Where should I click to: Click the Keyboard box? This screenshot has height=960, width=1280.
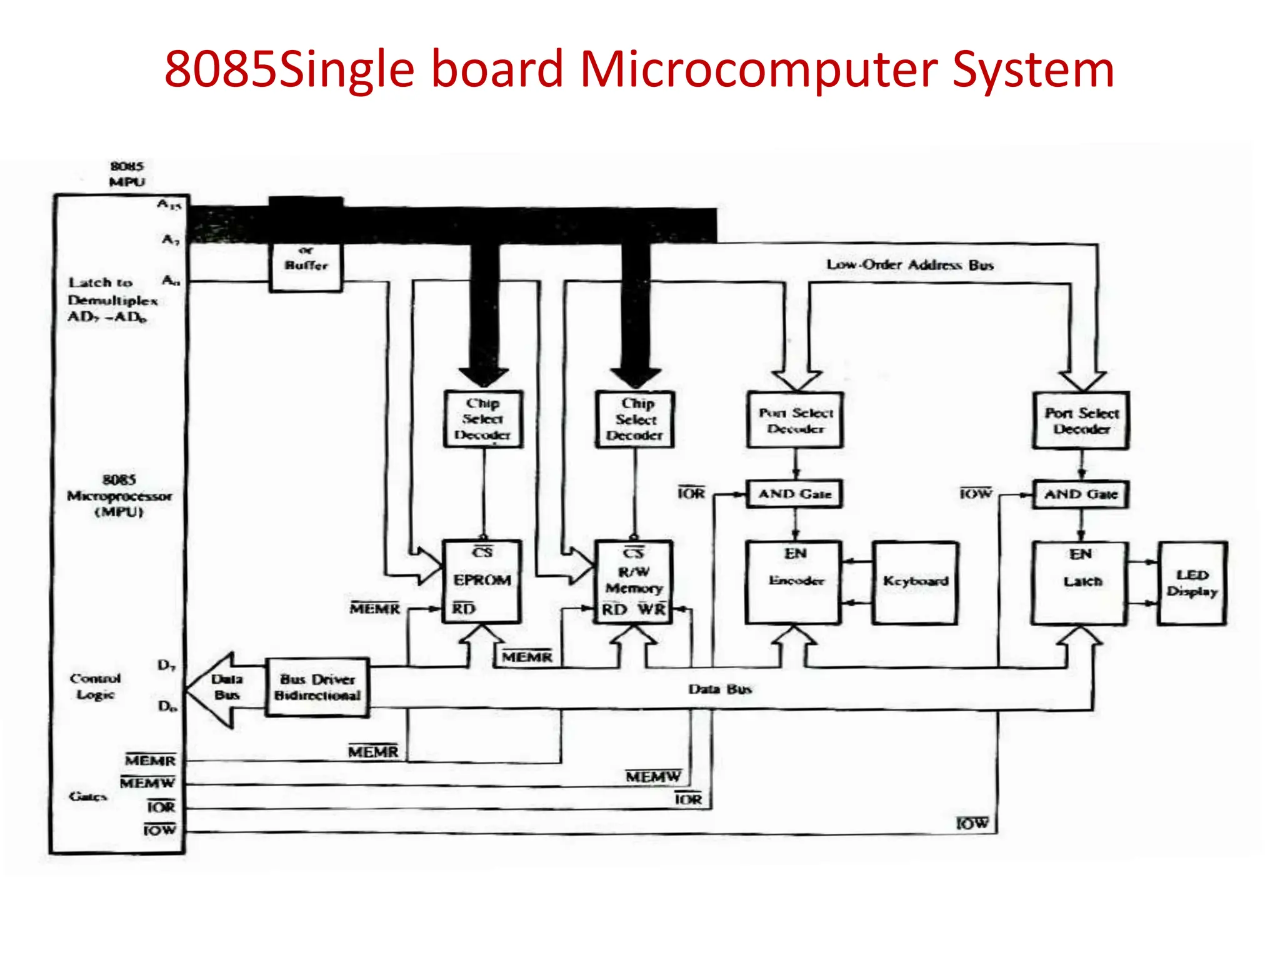[x=915, y=582]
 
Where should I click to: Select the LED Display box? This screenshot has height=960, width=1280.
[x=1192, y=583]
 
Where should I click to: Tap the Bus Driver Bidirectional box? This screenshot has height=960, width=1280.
[x=317, y=687]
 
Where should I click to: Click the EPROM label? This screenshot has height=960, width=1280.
[x=482, y=580]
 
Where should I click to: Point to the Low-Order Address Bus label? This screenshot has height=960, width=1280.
[x=909, y=265]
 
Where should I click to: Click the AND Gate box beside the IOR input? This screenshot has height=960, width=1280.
[x=794, y=494]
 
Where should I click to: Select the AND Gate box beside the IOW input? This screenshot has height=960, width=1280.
[x=1080, y=494]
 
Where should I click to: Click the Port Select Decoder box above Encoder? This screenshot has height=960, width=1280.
[x=795, y=420]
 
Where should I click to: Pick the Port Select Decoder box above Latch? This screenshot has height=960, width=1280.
[x=1081, y=421]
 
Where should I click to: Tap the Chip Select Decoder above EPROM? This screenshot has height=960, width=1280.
[x=482, y=419]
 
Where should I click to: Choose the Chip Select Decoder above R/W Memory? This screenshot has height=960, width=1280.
[x=635, y=419]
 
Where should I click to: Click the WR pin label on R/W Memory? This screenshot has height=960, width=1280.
[x=651, y=609]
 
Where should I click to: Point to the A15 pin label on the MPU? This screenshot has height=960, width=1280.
[x=169, y=204]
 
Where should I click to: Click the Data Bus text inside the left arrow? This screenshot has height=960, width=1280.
[x=226, y=687]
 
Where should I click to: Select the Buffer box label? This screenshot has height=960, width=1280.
[x=306, y=265]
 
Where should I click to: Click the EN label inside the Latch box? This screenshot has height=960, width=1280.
[x=1080, y=554]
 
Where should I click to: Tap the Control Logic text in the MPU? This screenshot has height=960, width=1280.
[x=95, y=686]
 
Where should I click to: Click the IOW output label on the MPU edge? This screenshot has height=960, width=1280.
[x=159, y=830]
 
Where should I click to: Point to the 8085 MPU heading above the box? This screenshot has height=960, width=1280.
[x=127, y=174]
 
